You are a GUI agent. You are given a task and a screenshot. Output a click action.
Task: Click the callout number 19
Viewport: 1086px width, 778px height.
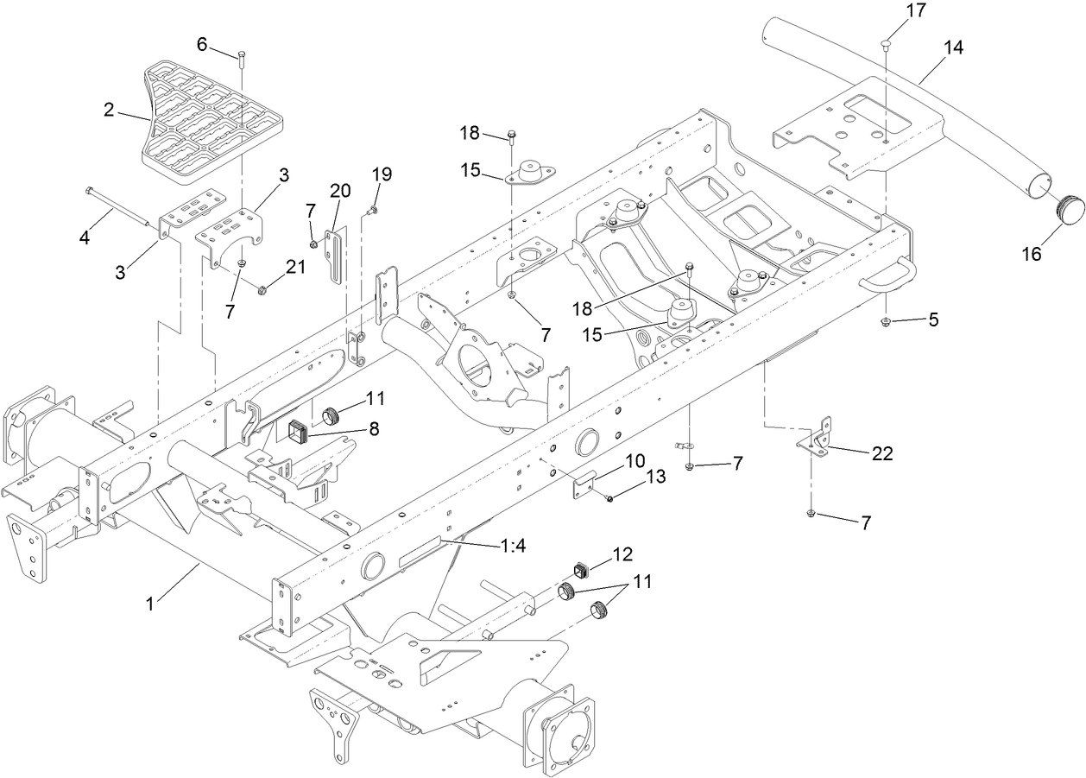[382, 174]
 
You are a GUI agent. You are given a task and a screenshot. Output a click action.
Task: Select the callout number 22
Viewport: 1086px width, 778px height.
[881, 453]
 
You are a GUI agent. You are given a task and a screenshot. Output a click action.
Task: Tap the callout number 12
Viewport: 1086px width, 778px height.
[623, 553]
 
